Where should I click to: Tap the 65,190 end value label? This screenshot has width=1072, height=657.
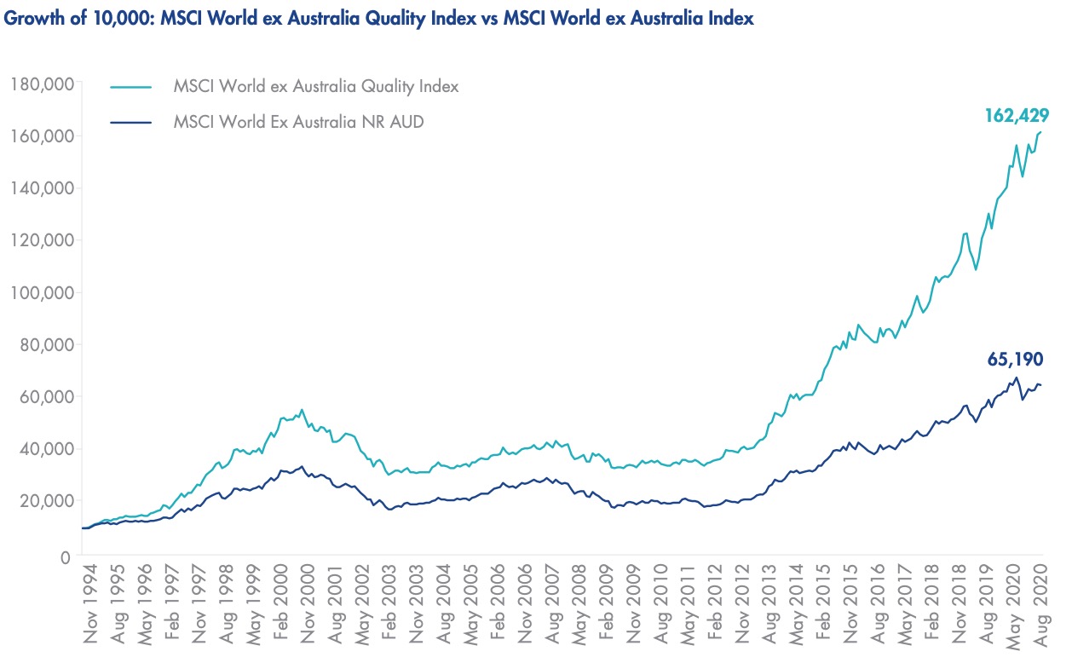[x=1014, y=360]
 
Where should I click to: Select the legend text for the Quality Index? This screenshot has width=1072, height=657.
[x=316, y=86]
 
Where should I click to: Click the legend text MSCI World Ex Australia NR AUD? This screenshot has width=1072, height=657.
[x=298, y=122]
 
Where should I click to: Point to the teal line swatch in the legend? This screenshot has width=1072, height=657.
[x=130, y=86]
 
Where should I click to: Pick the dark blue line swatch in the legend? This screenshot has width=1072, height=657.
[x=130, y=122]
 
